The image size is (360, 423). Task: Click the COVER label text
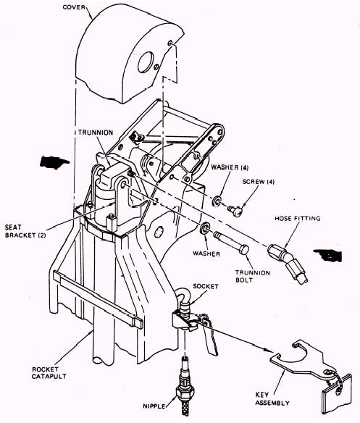pyautogui.click(x=74, y=7)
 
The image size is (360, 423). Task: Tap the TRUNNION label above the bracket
pyautogui.click(x=96, y=133)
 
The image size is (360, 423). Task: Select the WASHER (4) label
pyautogui.click(x=230, y=167)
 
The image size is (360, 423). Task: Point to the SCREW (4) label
pyautogui.click(x=259, y=182)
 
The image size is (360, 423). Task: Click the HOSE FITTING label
pyautogui.click(x=298, y=218)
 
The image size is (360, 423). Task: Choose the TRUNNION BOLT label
pyautogui.click(x=253, y=276)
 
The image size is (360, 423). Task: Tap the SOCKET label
pyautogui.click(x=206, y=286)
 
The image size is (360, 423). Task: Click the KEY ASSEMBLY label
pyautogui.click(x=272, y=399)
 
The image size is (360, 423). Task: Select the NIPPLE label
pyautogui.click(x=154, y=406)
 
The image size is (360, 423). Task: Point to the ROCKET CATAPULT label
pyautogui.click(x=49, y=372)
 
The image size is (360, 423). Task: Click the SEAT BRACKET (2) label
pyautogui.click(x=25, y=231)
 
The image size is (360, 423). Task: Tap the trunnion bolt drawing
pyautogui.click(x=231, y=243)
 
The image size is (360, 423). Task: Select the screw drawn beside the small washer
pyautogui.click(x=235, y=211)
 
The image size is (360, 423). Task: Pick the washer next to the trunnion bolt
pyautogui.click(x=205, y=229)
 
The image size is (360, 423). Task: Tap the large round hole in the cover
pyautogui.click(x=146, y=62)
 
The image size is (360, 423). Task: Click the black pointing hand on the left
pyautogui.click(x=54, y=162)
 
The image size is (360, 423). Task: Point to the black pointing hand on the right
pyautogui.click(x=328, y=256)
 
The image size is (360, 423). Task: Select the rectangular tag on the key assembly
pyautogui.click(x=337, y=393)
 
